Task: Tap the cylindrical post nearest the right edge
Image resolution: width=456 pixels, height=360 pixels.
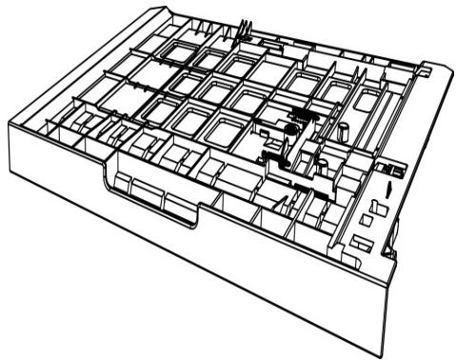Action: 341,129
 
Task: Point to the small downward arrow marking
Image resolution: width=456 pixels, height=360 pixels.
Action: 389,190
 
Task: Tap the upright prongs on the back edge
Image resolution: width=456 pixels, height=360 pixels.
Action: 244,28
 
